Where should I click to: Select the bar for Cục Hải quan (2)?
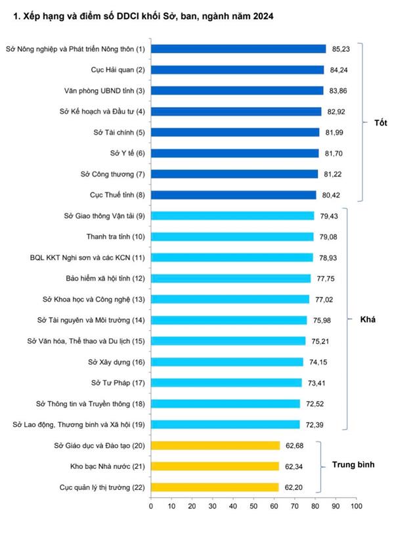pyautogui.click(x=237, y=70)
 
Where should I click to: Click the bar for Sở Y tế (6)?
pyautogui.click(x=234, y=153)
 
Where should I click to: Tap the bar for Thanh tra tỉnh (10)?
pyautogui.click(x=232, y=236)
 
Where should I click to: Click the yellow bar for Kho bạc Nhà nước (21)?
pyautogui.click(x=215, y=466)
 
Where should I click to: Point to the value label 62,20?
pyautogui.click(x=295, y=487)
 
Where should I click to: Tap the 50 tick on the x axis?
pyautogui.click(x=253, y=506)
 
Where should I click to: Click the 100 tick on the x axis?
pyautogui.click(x=355, y=506)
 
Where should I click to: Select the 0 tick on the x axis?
pyautogui.click(x=151, y=506)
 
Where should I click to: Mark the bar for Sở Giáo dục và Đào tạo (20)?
pyautogui.click(x=215, y=445)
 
